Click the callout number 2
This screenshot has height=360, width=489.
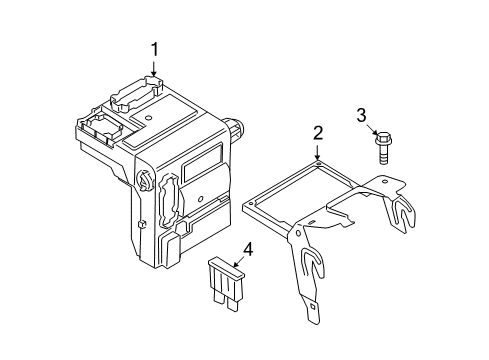click(x=317, y=132)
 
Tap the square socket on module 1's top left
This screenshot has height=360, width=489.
click(x=100, y=126)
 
